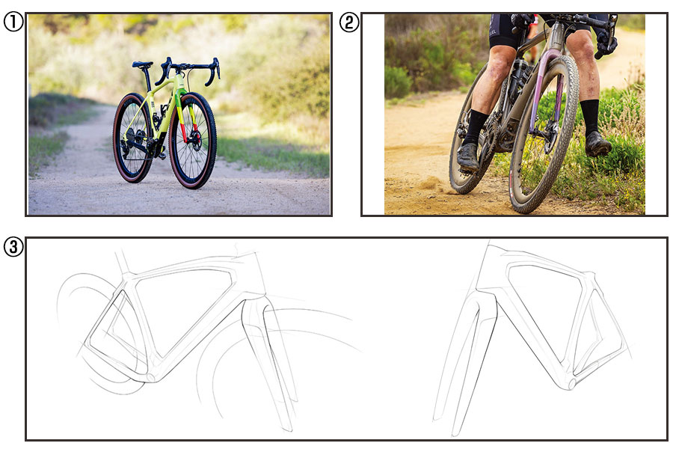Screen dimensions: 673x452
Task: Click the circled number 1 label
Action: [13, 22]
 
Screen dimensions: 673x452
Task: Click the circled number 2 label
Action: [349, 22]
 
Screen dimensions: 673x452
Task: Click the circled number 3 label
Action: [13, 247]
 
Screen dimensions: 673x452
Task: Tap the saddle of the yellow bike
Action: [143, 65]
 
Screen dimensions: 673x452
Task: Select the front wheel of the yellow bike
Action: [192, 141]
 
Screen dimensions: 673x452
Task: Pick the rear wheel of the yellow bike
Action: [133, 138]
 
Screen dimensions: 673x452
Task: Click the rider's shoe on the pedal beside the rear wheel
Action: [467, 157]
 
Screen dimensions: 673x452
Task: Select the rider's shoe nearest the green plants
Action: [598, 144]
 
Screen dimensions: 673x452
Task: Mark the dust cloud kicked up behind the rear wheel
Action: [431, 185]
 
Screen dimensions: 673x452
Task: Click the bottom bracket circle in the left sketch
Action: [150, 377]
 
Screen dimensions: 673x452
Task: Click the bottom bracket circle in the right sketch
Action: [571, 383]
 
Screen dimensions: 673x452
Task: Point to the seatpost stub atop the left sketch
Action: [123, 260]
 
